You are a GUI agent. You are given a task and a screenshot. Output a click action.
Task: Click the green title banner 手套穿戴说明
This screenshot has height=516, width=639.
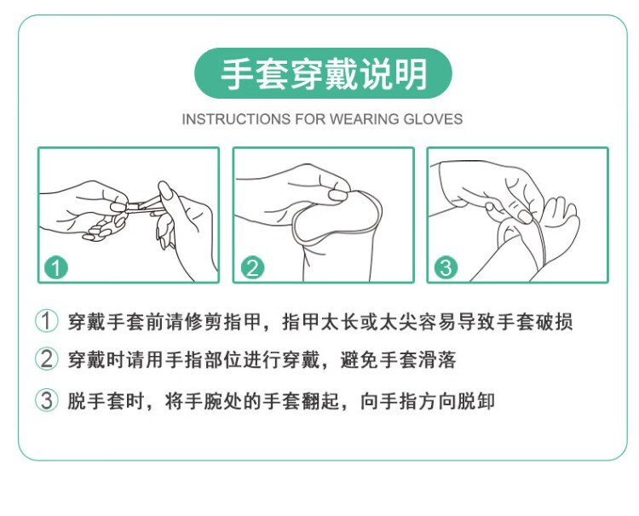(x=323, y=73)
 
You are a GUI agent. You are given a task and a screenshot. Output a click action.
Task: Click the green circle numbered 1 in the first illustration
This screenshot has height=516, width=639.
(x=56, y=267)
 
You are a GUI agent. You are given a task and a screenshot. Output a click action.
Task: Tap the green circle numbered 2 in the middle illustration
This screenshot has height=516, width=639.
(x=253, y=267)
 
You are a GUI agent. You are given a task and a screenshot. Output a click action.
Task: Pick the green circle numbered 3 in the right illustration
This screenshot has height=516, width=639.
(x=446, y=267)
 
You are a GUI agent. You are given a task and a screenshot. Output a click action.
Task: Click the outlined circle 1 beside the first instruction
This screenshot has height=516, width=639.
(x=47, y=321)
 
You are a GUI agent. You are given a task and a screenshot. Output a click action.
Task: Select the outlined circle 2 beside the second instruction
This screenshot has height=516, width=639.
(x=47, y=358)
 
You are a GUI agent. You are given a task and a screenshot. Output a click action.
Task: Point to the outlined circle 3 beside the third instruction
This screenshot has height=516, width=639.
(x=47, y=400)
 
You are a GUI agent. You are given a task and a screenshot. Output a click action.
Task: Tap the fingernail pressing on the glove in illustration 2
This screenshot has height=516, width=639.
(x=337, y=195)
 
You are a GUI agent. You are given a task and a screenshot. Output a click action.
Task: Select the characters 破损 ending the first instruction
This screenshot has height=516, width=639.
(x=554, y=321)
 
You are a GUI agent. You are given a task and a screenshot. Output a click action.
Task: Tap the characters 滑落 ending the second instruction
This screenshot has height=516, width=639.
(x=437, y=359)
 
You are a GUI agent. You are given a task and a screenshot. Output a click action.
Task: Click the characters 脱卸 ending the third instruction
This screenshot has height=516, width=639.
(x=475, y=401)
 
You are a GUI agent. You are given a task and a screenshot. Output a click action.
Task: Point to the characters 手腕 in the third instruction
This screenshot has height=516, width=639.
(x=204, y=401)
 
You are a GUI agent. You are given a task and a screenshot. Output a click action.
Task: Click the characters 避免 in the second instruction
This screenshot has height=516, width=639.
(x=359, y=359)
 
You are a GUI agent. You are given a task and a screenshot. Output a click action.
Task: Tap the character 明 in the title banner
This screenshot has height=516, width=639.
(x=411, y=74)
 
